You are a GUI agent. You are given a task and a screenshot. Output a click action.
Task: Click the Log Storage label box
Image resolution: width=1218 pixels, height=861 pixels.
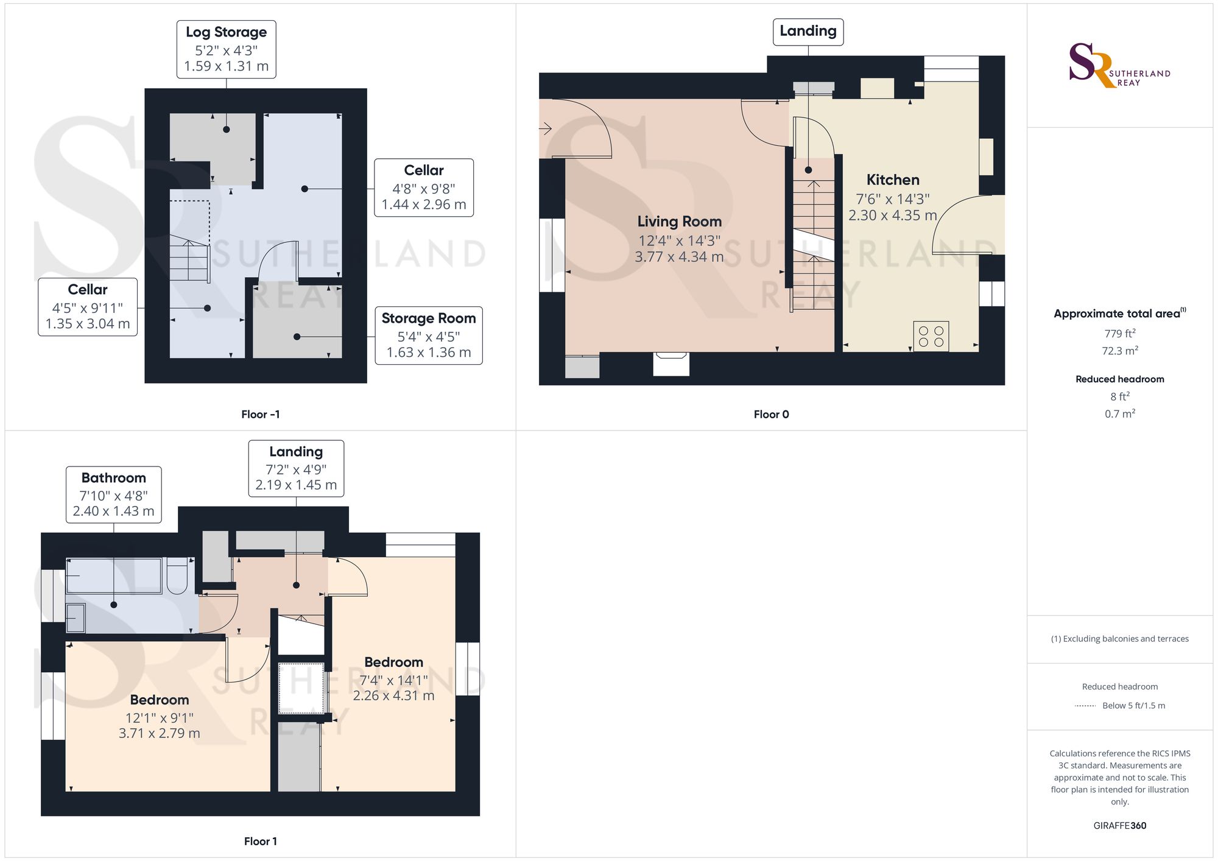pos(226,49)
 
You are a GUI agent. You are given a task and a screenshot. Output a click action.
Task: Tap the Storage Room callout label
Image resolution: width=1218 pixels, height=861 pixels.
pos(429,336)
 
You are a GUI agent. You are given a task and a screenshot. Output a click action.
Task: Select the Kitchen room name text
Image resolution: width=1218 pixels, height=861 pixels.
pos(893,180)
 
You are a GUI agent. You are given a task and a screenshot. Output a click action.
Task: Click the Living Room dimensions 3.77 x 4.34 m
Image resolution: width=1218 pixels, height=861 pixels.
pos(679,258)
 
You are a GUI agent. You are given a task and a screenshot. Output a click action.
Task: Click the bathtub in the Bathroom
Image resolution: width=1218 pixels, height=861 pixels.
pos(114,575)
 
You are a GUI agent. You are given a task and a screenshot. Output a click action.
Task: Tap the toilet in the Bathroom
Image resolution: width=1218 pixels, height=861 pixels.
pos(177,576)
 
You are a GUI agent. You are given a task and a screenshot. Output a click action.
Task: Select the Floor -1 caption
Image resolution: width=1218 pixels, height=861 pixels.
pos(260,415)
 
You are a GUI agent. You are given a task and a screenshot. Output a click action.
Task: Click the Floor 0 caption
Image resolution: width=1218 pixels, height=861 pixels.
pos(771,415)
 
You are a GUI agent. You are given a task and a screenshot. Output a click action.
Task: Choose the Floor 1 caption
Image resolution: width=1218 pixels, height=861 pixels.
pos(260,842)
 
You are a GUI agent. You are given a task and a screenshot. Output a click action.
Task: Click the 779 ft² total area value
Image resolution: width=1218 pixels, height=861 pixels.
pos(1119,334)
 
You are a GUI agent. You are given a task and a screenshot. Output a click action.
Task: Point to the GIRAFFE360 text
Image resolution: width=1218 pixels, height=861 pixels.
pos(1119,826)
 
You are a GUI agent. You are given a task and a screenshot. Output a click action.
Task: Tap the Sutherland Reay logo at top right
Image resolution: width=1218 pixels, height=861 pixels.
pos(1119,66)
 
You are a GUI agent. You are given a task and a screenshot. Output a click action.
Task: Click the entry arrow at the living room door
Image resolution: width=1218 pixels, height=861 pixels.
pos(545,128)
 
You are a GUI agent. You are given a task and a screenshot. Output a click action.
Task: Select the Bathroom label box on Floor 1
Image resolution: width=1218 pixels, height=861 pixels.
pos(114,494)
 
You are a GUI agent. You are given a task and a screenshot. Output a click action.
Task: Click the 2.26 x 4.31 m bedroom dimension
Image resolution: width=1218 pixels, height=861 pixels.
pos(393,696)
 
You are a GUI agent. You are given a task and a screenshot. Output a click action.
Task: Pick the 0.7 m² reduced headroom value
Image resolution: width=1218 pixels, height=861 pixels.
pos(1119,414)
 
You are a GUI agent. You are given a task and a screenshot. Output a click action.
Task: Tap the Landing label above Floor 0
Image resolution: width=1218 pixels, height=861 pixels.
pos(808,32)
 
